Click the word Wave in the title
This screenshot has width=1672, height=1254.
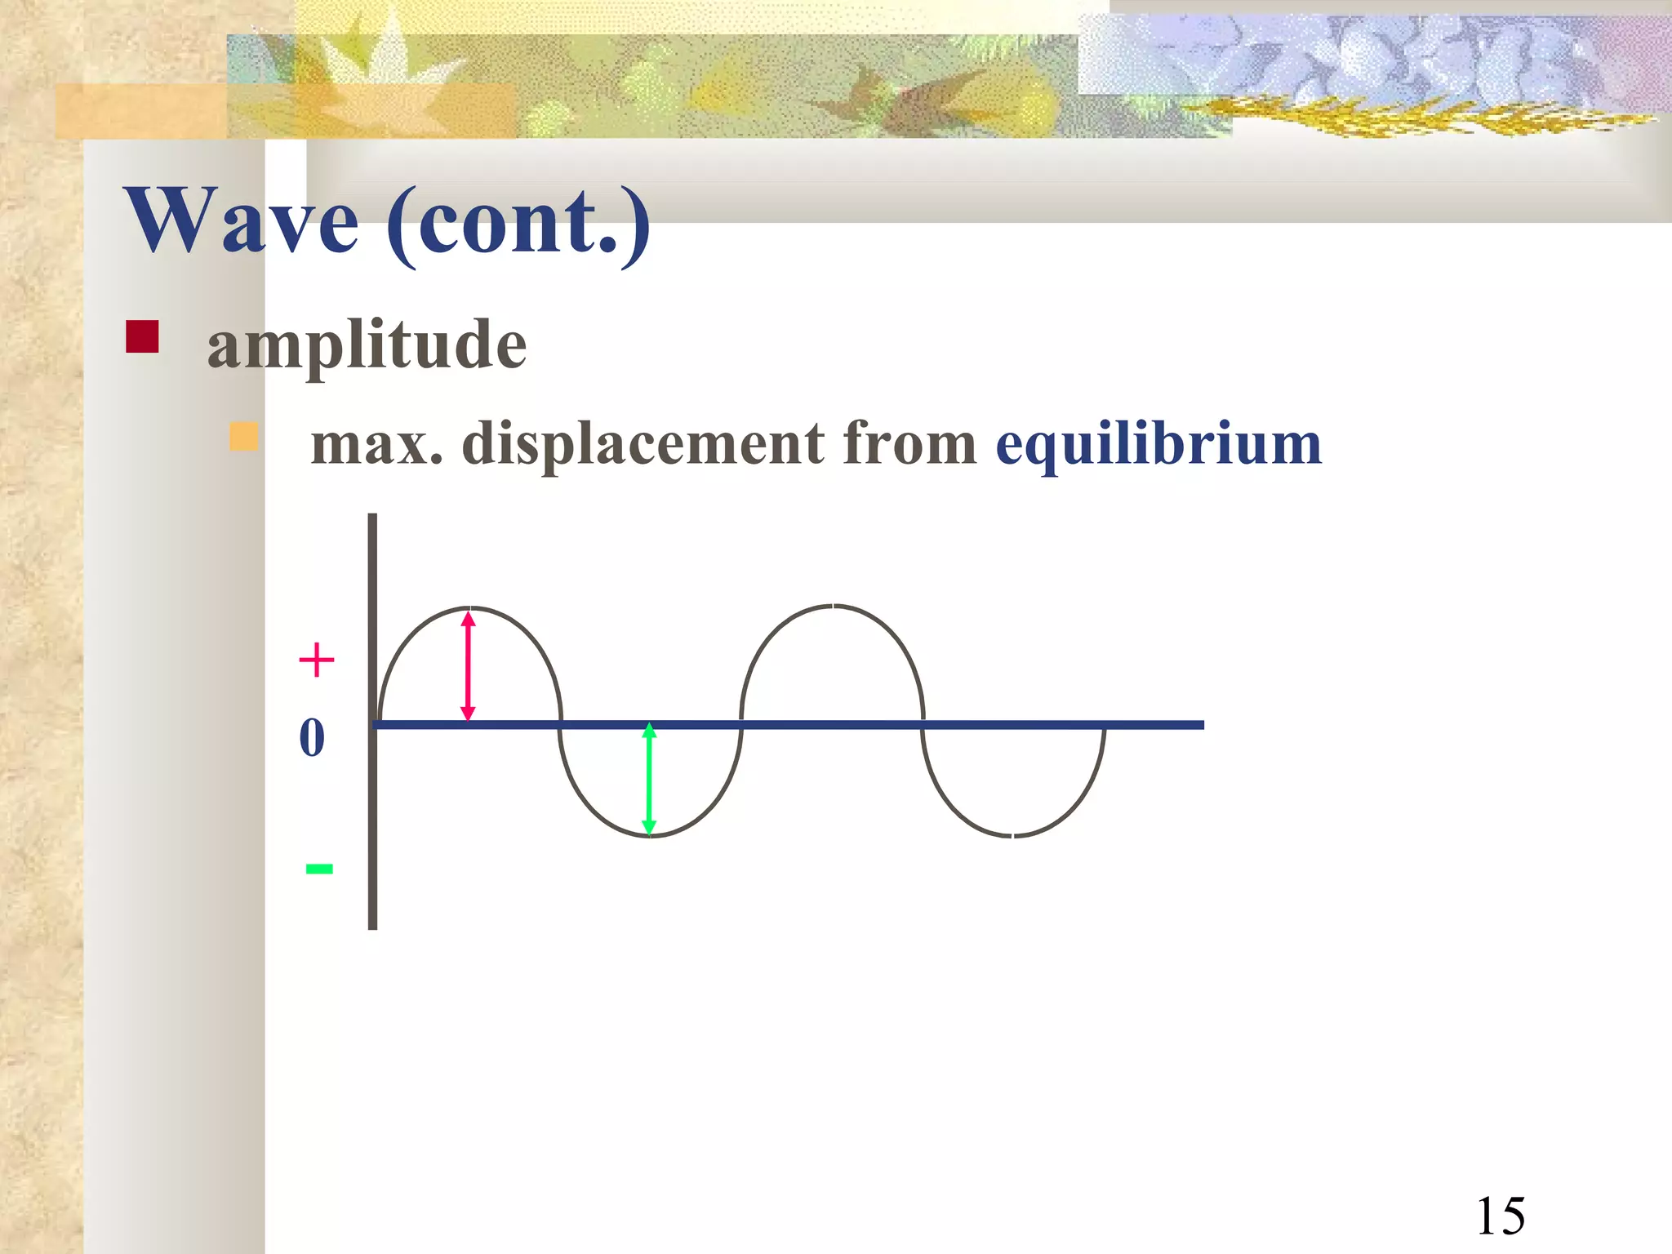click(x=242, y=220)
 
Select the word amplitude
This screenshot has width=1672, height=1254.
click(x=367, y=345)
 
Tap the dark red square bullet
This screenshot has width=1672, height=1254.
click(x=142, y=336)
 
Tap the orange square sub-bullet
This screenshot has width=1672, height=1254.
click(x=243, y=437)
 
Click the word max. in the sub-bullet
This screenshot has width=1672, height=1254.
click(x=377, y=444)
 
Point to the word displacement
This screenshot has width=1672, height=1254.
click(x=643, y=444)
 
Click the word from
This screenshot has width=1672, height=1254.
click(x=909, y=444)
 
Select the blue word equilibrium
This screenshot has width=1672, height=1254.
click(x=1158, y=446)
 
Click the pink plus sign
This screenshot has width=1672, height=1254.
click(x=317, y=660)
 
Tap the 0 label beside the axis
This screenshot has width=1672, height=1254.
click(x=312, y=737)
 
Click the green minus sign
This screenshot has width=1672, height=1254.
click(x=319, y=869)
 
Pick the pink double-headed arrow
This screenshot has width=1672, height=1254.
click(x=468, y=666)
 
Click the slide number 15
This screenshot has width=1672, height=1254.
click(x=1501, y=1217)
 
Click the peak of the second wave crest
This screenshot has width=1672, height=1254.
click(x=833, y=607)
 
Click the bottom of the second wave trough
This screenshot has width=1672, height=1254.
click(x=1013, y=836)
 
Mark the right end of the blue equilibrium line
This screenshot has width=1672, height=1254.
click(x=1202, y=725)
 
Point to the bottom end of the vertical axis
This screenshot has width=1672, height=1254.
click(x=372, y=927)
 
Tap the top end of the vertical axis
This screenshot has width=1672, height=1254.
click(x=372, y=516)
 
